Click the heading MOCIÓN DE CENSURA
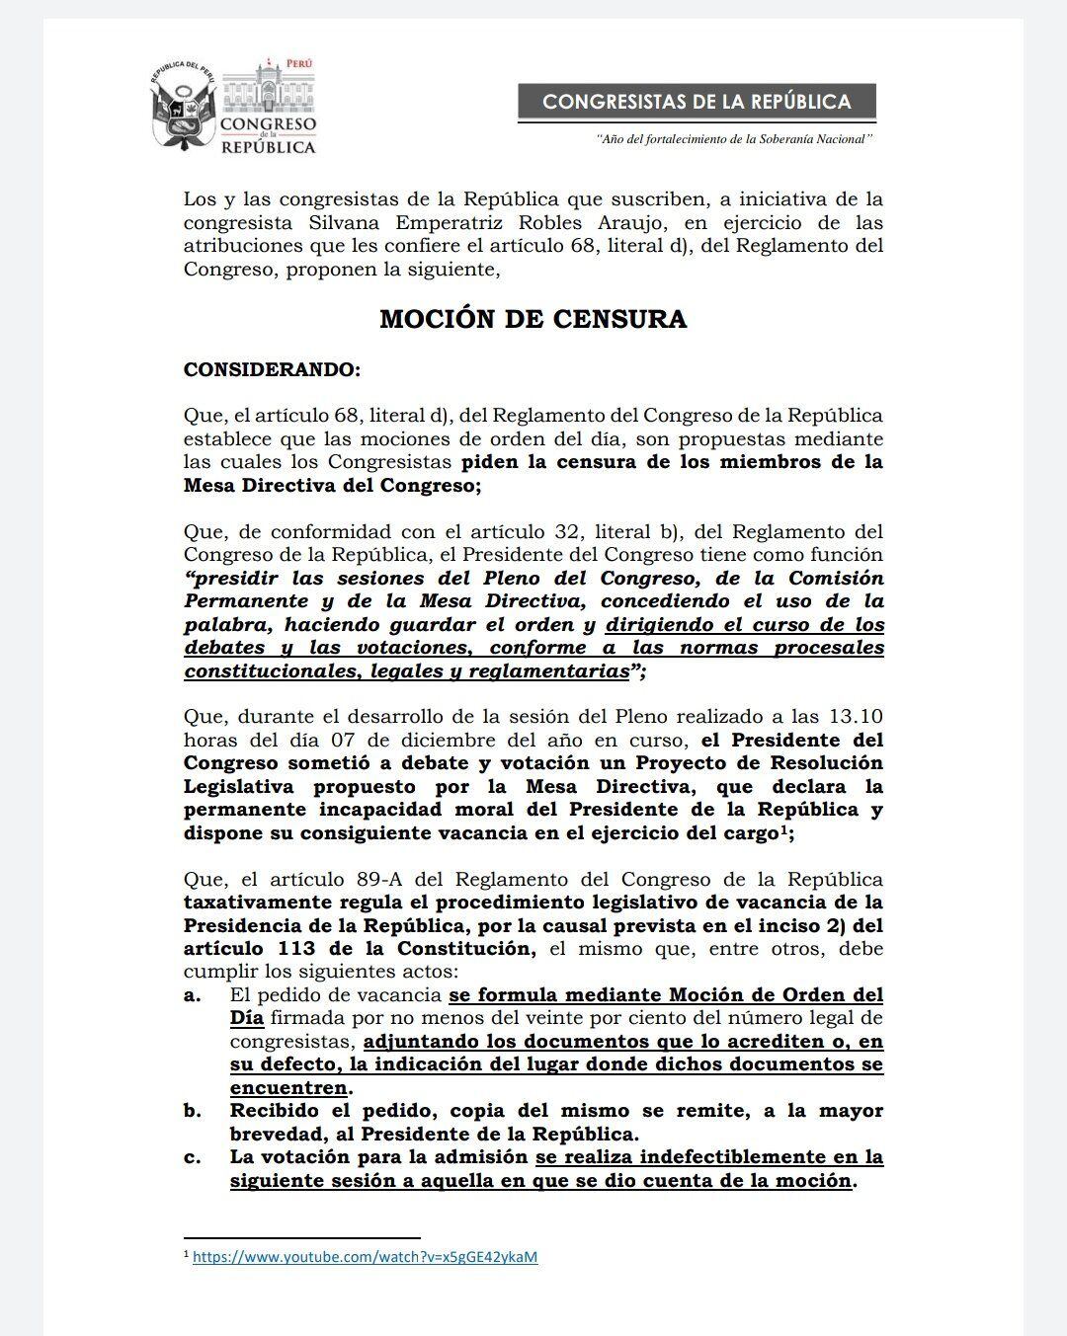pyautogui.click(x=533, y=319)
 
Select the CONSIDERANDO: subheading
pyautogui.click(x=273, y=370)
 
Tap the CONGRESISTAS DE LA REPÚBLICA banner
pyautogui.click(x=697, y=102)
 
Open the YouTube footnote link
pyautogui.click(x=365, y=1257)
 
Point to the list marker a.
pyautogui.click(x=192, y=995)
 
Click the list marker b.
pyautogui.click(x=193, y=1111)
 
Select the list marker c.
pyautogui.click(x=192, y=1157)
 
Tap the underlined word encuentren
pyautogui.click(x=288, y=1087)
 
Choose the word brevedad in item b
pyautogui.click(x=273, y=1134)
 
